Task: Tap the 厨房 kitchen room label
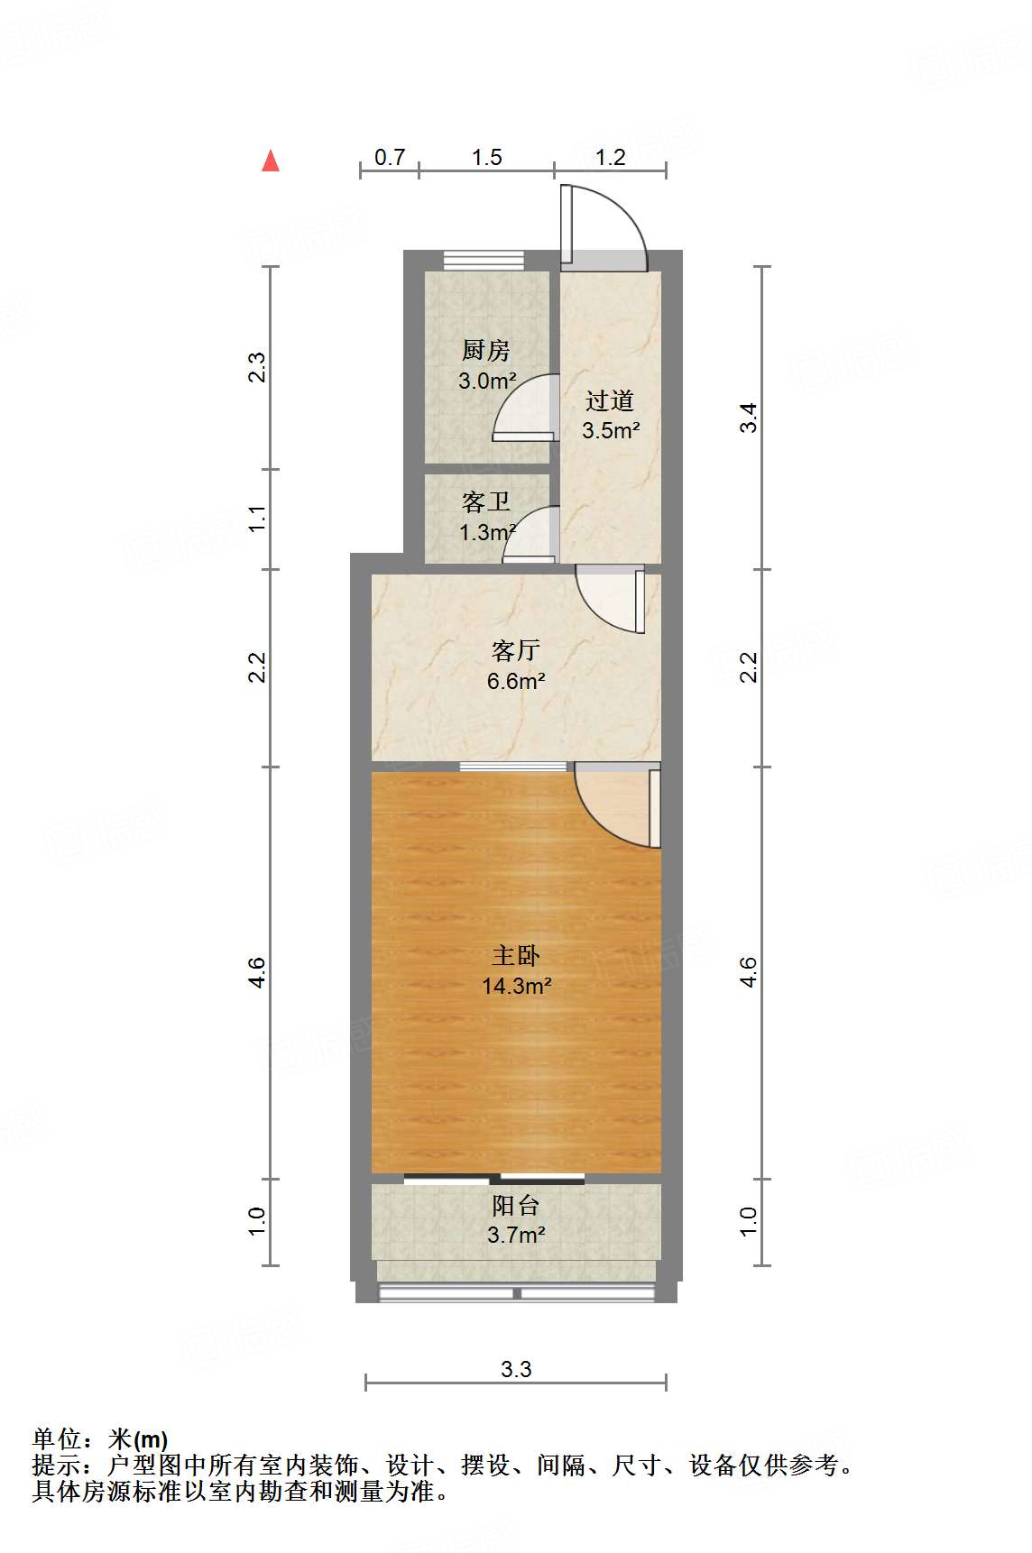pyautogui.click(x=486, y=350)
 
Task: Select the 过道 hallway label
pyautogui.click(x=610, y=400)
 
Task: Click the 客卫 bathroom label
pyautogui.click(x=486, y=501)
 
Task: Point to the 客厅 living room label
pyautogui.click(x=516, y=649)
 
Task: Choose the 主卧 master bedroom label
pyautogui.click(x=516, y=955)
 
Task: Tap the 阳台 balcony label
pyautogui.click(x=516, y=1205)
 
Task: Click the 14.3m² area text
pyautogui.click(x=516, y=986)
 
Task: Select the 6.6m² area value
pyautogui.click(x=516, y=681)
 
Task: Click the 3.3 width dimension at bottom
pyautogui.click(x=516, y=1369)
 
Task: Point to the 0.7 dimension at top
pyautogui.click(x=390, y=157)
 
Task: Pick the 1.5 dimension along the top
pyautogui.click(x=486, y=157)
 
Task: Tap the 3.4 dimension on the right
pyautogui.click(x=749, y=418)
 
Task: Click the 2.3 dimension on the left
pyautogui.click(x=258, y=368)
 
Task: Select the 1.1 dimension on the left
pyautogui.click(x=258, y=519)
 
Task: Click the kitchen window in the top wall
pyautogui.click(x=484, y=261)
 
